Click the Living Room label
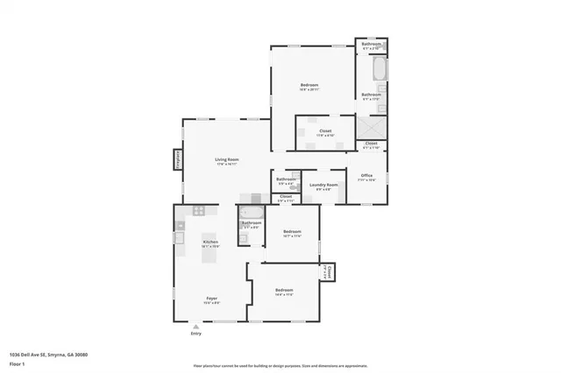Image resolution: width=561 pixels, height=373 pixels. pyautogui.click(x=228, y=158)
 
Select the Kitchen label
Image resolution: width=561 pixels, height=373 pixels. pyautogui.click(x=210, y=242)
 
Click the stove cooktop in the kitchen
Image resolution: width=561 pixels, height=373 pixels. pyautogui.click(x=198, y=210)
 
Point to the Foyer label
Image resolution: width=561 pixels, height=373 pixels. pyautogui.click(x=211, y=298)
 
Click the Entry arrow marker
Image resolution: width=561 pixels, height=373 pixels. pyautogui.click(x=195, y=326)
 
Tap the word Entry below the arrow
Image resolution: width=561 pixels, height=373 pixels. pyautogui.click(x=195, y=334)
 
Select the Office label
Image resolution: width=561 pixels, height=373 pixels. pyautogui.click(x=367, y=175)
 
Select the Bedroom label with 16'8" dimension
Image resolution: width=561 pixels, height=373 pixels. pyautogui.click(x=309, y=85)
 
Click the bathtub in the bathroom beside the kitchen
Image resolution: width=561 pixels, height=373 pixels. pyautogui.click(x=251, y=212)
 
